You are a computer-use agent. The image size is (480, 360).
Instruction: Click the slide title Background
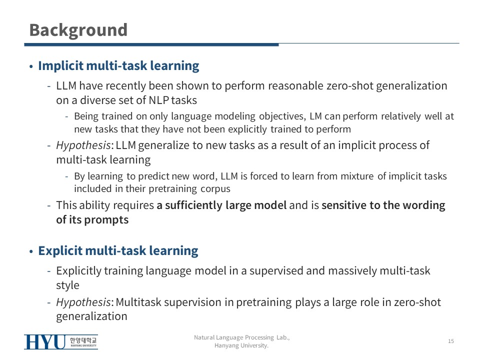click(78, 30)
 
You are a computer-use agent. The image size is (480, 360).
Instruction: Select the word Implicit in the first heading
click(60, 66)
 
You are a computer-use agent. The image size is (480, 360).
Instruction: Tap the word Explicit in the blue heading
click(60, 251)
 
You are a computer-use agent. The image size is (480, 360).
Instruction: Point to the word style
click(67, 285)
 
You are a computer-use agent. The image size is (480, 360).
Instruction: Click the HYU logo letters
click(44, 341)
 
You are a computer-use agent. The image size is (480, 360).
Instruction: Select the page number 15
click(451, 341)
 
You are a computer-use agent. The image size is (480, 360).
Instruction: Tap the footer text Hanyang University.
click(241, 345)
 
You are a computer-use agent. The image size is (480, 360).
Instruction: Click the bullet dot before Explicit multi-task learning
click(31, 251)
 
